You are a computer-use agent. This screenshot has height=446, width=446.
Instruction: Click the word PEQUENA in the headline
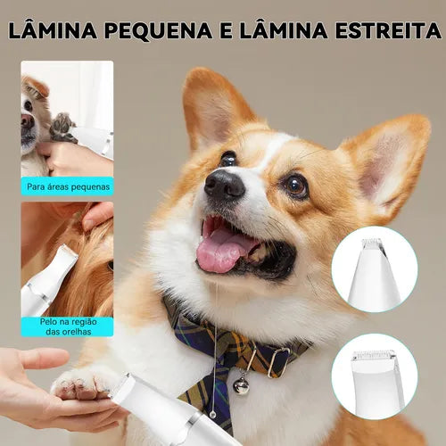coord(158,30)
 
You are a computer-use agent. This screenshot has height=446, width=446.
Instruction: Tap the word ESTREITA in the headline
coord(390,30)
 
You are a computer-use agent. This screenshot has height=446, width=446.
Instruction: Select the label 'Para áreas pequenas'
coord(68,186)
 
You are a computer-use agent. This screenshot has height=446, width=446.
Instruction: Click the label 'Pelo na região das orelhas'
coord(69,326)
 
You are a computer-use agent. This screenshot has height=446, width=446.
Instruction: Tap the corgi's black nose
coord(224,185)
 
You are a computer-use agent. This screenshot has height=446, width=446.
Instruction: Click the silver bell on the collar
coord(241,385)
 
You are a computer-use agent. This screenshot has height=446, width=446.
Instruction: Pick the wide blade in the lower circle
coord(374,356)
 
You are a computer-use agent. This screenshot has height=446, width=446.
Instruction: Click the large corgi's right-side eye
coord(295,186)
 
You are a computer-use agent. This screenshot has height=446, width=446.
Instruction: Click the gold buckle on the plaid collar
coord(278,361)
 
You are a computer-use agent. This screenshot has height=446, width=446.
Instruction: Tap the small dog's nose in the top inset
coord(27,121)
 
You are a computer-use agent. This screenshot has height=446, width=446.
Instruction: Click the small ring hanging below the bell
coord(212,415)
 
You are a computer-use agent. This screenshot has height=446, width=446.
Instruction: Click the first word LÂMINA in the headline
coord(53,29)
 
